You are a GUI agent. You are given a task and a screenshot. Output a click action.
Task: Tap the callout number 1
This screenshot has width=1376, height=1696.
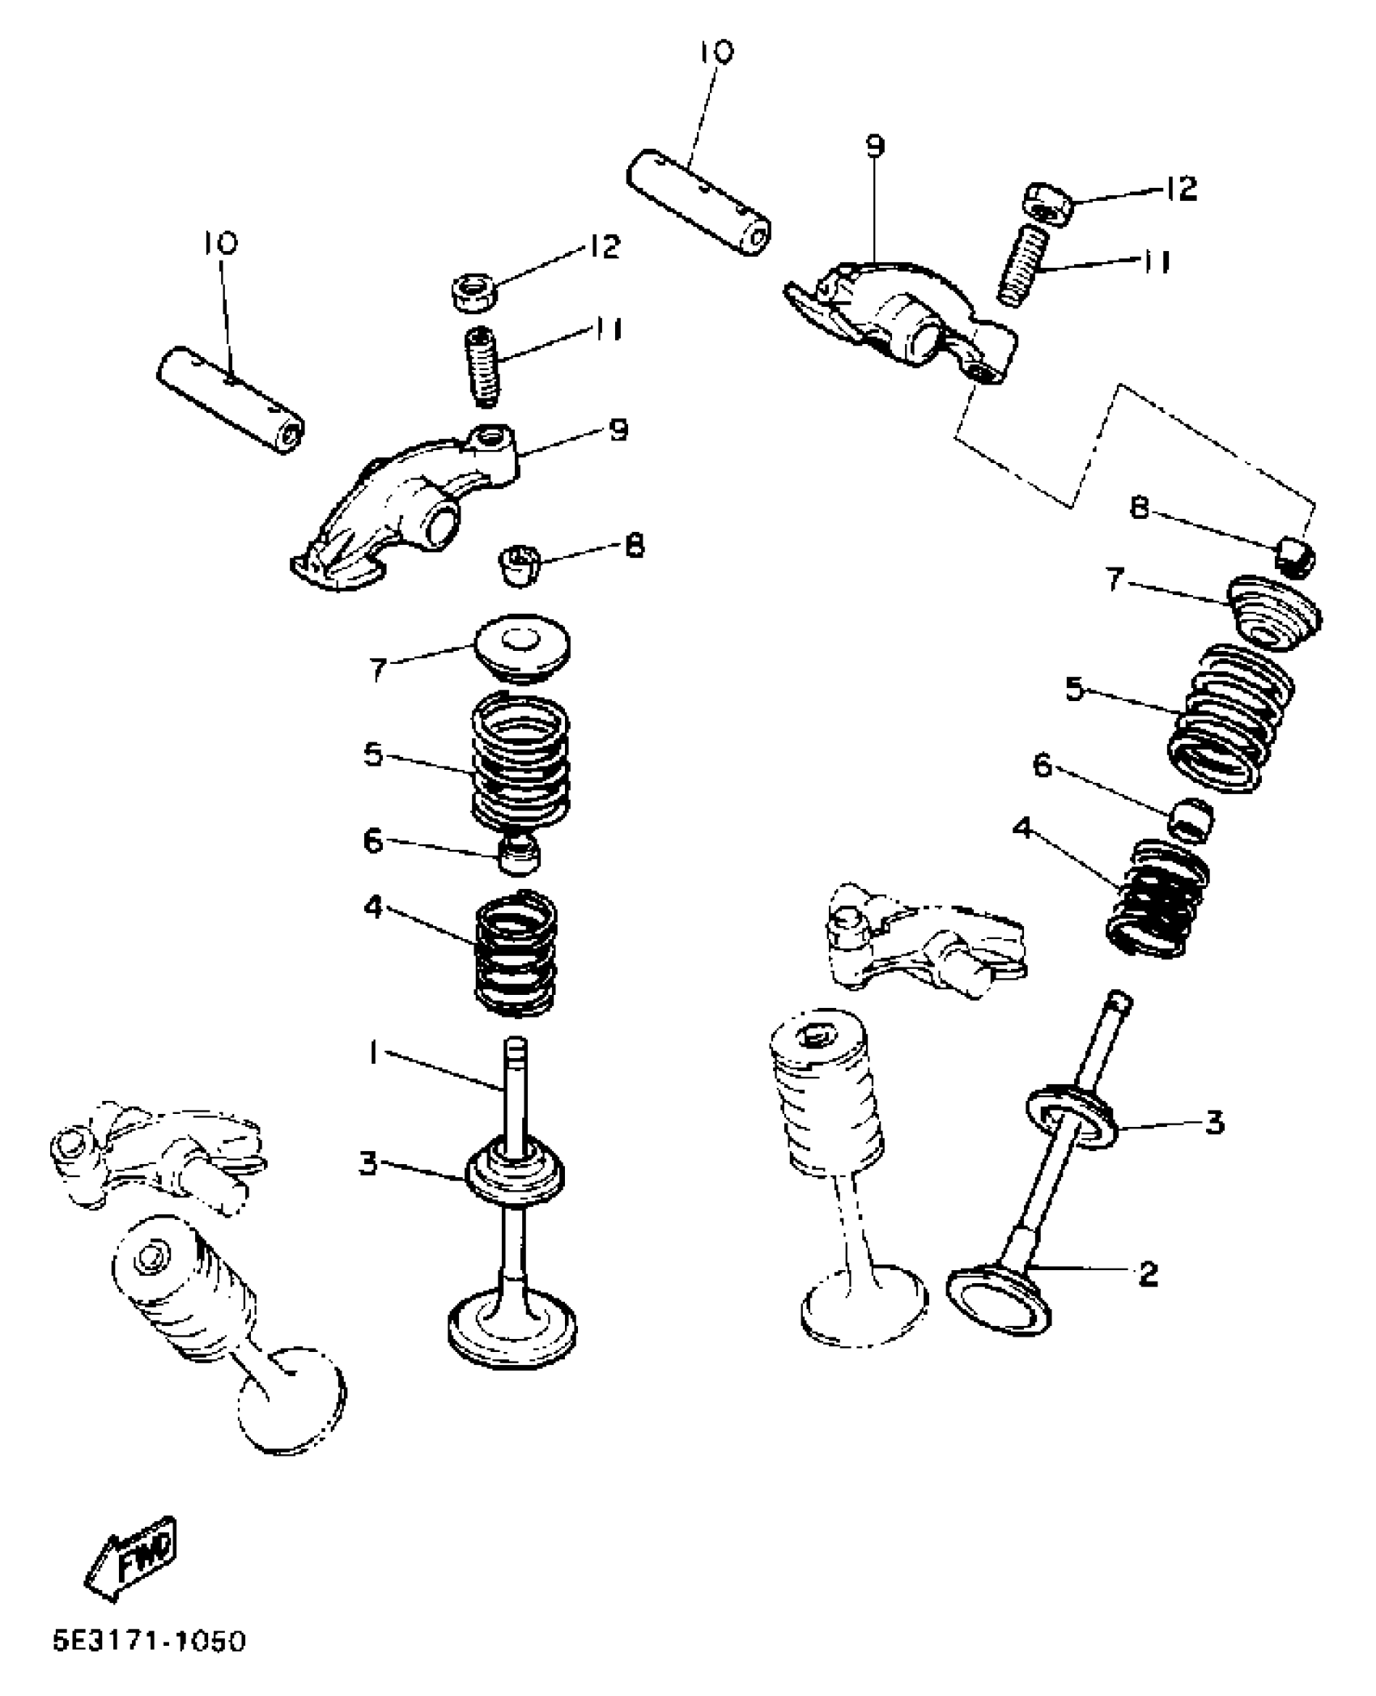[x=372, y=1053]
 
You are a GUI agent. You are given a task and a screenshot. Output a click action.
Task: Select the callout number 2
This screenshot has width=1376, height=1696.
[x=1148, y=1273]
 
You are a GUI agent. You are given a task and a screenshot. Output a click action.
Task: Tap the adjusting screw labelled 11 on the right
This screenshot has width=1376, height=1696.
[x=1024, y=266]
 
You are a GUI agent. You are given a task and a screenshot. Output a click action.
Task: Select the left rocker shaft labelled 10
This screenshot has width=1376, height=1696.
[x=229, y=400]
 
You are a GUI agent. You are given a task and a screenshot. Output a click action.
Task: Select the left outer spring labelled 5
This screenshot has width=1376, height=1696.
[x=520, y=761]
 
